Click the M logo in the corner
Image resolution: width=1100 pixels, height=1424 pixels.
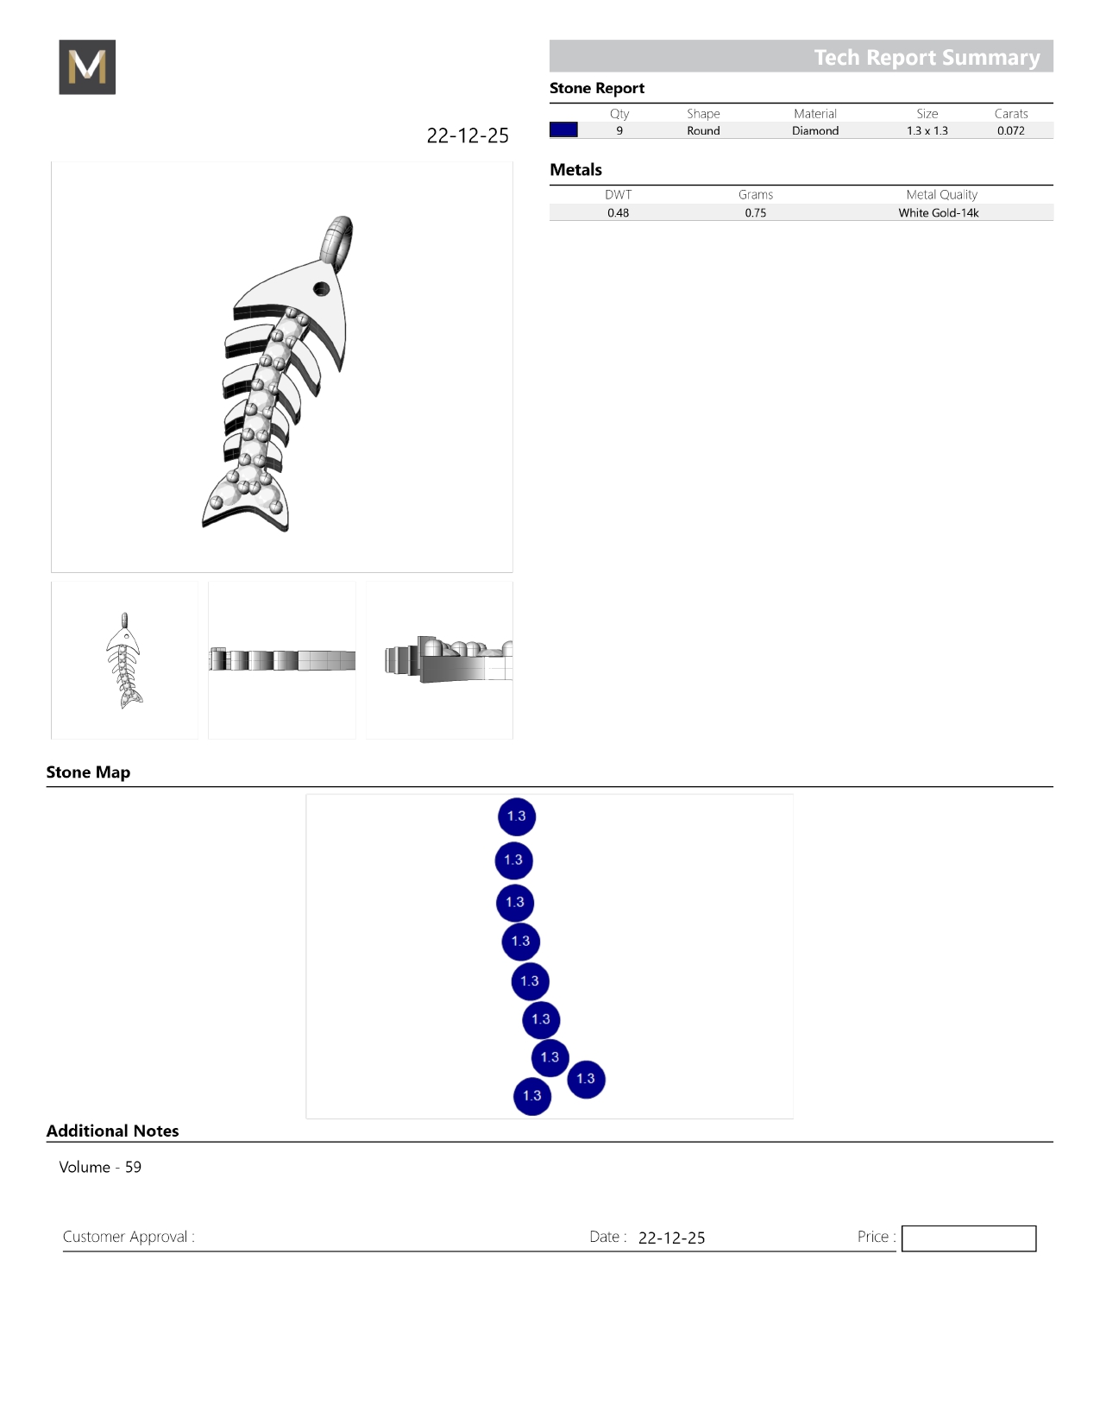(x=87, y=66)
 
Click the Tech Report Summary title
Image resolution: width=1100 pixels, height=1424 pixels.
(x=927, y=58)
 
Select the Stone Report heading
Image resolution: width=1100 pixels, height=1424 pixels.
(x=596, y=89)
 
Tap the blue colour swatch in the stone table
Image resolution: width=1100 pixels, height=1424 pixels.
(x=563, y=129)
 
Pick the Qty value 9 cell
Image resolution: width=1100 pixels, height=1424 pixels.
(x=619, y=130)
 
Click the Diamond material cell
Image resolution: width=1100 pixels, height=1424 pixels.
(x=815, y=130)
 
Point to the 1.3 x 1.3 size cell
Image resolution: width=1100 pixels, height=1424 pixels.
(x=927, y=130)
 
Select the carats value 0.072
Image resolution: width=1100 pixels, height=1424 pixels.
(x=1011, y=130)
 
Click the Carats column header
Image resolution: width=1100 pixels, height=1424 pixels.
(x=1011, y=113)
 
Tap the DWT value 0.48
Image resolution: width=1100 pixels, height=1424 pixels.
(x=618, y=212)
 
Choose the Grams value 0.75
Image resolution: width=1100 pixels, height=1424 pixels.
(x=756, y=212)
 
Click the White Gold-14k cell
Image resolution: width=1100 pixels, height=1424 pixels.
(x=938, y=212)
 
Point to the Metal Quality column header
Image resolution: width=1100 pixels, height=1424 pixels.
(x=941, y=195)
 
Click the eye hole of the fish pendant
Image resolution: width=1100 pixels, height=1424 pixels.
(x=321, y=288)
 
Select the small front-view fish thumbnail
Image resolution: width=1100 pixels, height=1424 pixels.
(x=124, y=660)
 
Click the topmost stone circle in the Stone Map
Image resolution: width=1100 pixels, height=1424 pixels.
(x=517, y=816)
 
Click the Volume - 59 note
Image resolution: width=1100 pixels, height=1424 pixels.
(x=100, y=1167)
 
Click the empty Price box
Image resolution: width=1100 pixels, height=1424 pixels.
(x=969, y=1238)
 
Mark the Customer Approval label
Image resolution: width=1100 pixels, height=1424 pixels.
(x=129, y=1237)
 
